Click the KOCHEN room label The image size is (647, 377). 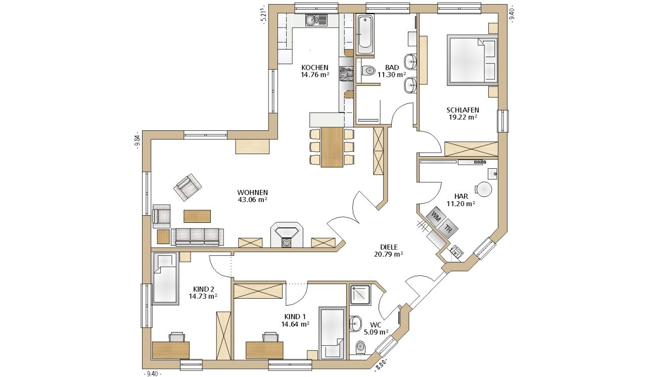(315, 68)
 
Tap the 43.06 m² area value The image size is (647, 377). (252, 200)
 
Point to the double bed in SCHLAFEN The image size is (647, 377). (472, 60)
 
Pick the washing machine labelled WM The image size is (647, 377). (436, 217)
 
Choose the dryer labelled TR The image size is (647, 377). (448, 229)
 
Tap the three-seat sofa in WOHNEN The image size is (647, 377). (197, 237)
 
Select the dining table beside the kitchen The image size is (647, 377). (332, 147)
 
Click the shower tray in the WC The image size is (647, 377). (360, 295)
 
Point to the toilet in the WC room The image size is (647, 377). (360, 348)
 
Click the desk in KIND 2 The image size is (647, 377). (171, 350)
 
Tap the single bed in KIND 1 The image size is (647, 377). (332, 333)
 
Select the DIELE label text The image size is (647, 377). (389, 247)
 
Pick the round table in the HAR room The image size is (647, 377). (484, 190)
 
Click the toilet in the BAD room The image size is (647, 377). (368, 70)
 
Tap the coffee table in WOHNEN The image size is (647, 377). (197, 216)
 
